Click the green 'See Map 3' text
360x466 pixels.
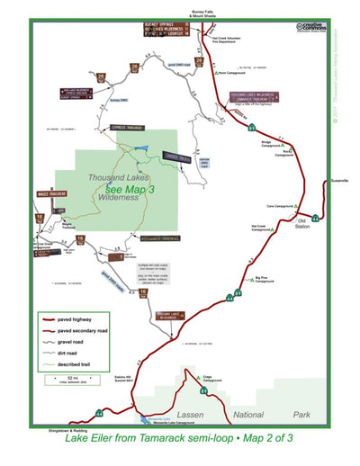[x=129, y=190]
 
